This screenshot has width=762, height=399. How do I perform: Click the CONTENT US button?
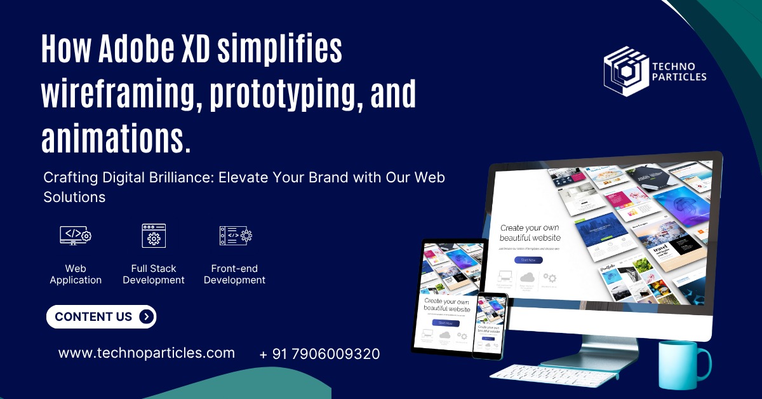101,316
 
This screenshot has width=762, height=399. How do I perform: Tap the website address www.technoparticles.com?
147,353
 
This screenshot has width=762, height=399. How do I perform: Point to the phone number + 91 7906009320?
319,354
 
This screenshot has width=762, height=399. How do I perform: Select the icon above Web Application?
76,235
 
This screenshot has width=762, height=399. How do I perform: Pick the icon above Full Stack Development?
154,235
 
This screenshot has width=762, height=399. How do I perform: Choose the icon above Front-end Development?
235,235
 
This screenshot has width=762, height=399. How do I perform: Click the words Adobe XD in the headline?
155,50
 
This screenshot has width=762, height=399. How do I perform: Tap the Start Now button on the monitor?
528,260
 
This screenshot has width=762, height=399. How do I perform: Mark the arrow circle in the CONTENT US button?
146,316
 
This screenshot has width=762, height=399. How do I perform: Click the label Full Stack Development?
154,274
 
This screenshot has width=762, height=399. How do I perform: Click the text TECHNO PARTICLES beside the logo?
679,72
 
